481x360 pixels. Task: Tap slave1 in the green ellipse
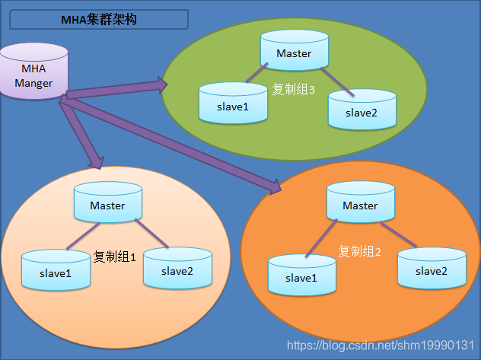233,106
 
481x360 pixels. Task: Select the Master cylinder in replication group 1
107,205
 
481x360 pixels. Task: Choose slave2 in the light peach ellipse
177,270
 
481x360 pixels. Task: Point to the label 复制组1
114,256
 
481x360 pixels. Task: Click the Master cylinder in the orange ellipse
360,205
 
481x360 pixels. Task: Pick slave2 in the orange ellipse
431,270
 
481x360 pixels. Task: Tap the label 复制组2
359,250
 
